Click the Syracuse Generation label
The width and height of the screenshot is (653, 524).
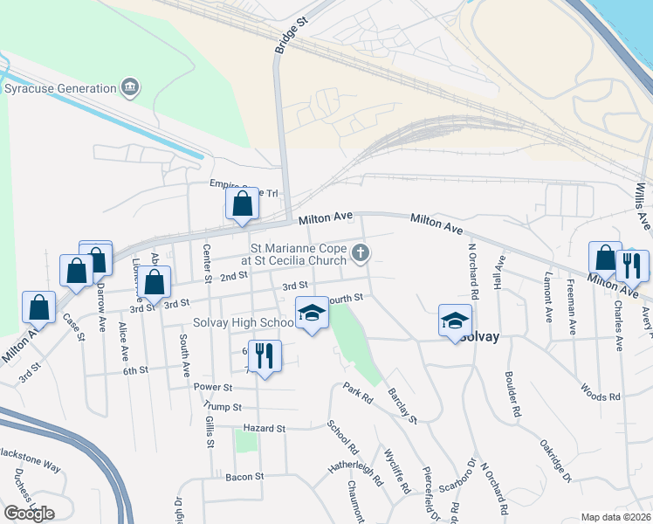pos(61,88)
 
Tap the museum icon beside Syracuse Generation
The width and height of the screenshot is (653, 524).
pos(131,87)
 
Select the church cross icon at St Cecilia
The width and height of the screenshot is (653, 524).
pos(360,254)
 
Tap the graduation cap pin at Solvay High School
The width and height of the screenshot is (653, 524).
pos(311,314)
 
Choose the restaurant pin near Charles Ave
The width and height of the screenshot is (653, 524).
pos(632,264)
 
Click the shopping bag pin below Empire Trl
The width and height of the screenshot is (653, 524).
pos(243,204)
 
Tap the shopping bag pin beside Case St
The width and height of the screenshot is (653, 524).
pos(39,307)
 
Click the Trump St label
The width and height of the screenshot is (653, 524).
pos(222,406)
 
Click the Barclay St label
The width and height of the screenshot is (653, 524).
pos(402,406)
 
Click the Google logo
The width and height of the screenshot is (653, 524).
pos(29,514)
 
